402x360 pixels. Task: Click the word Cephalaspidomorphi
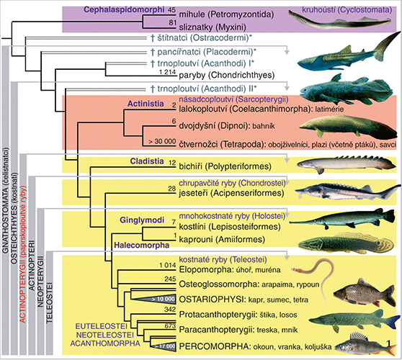coord(124,10)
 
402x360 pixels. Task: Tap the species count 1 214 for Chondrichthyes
coord(167,72)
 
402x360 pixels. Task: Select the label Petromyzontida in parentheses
coord(241,14)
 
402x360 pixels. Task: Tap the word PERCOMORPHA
coord(214,346)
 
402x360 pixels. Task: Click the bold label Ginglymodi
coord(142,220)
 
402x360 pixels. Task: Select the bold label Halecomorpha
coord(141,246)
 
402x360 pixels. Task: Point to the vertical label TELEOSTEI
coord(49,302)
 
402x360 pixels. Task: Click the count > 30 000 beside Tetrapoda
coord(162,141)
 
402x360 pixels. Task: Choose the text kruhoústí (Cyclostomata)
coord(347,10)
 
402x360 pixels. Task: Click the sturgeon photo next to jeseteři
coord(347,192)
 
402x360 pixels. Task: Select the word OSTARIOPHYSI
coord(212,300)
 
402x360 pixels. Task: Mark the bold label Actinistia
coord(146,104)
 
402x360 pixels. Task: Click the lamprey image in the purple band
coord(340,20)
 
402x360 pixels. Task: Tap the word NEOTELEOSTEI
coord(105,335)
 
